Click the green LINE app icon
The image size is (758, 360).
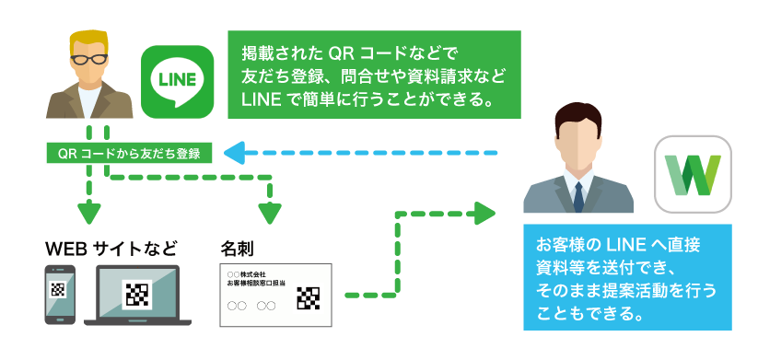(178, 82)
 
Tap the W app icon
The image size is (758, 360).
(693, 174)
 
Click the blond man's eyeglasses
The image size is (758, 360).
(89, 60)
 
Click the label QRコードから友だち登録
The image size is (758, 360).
(129, 154)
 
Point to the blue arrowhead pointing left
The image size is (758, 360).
(234, 154)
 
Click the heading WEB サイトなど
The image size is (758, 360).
(111, 249)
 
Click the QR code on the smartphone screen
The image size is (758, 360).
(58, 290)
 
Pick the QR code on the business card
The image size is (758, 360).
(308, 298)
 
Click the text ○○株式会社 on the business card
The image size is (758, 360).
(247, 274)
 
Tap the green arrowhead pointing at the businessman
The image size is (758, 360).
(484, 213)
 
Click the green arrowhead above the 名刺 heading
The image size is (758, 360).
(270, 213)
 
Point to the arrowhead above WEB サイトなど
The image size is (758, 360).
(89, 213)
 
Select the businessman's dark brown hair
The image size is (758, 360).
(578, 119)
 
